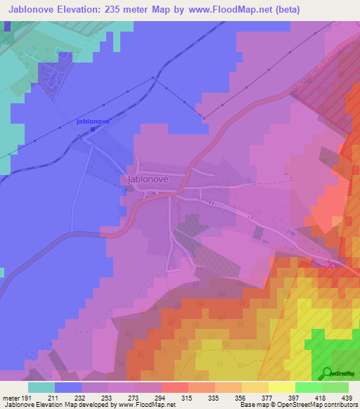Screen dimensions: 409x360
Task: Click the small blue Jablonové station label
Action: click(x=93, y=122)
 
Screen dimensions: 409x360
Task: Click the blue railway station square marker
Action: click(x=92, y=129)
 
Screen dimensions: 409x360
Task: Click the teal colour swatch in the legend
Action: click(x=41, y=387)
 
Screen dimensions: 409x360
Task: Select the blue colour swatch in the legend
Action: click(x=68, y=387)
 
